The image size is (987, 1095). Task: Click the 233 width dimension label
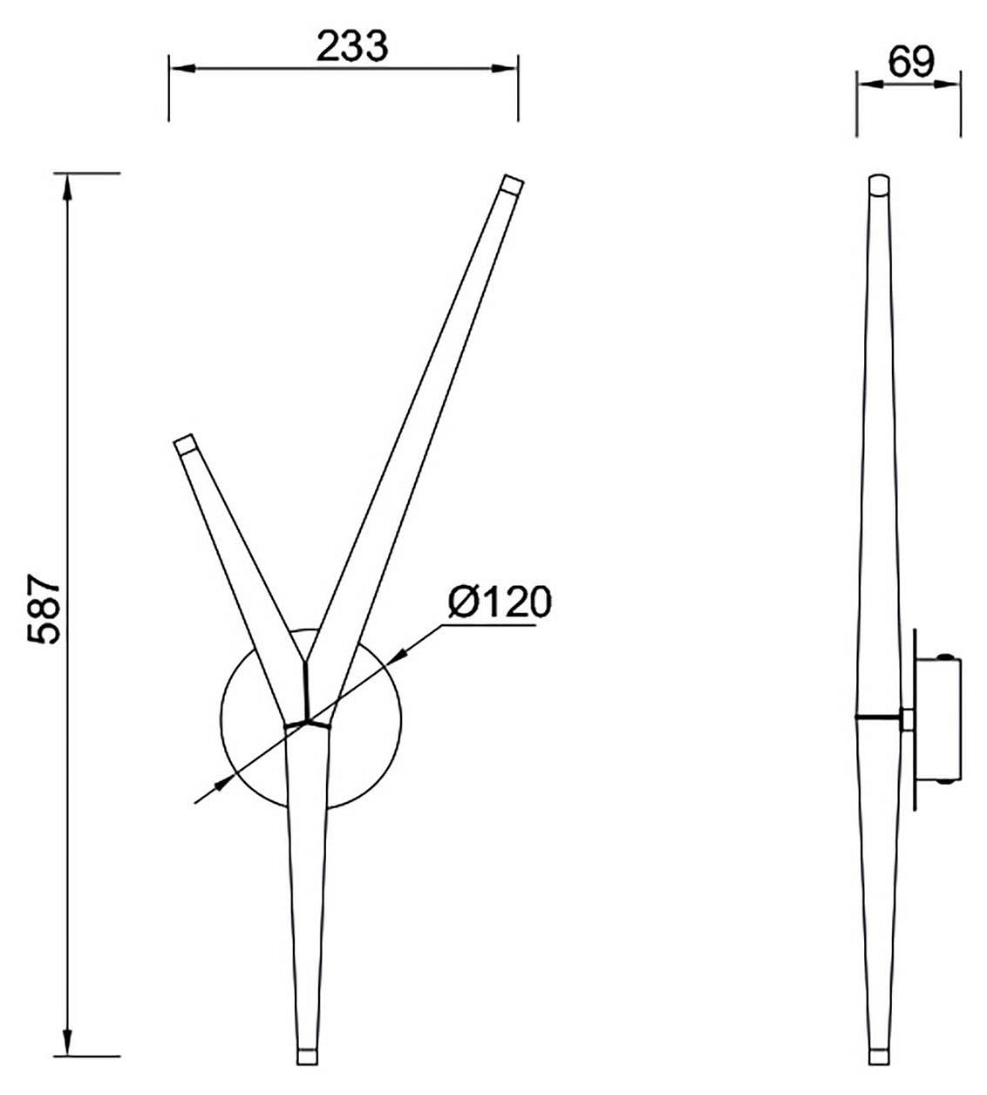point(352,46)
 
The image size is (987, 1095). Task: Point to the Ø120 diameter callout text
point(500,602)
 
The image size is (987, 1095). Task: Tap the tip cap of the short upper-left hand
point(185,443)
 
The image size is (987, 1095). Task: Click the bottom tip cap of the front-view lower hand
point(307,1055)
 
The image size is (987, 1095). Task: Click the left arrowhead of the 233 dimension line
point(182,69)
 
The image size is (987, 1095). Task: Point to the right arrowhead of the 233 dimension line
point(504,69)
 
